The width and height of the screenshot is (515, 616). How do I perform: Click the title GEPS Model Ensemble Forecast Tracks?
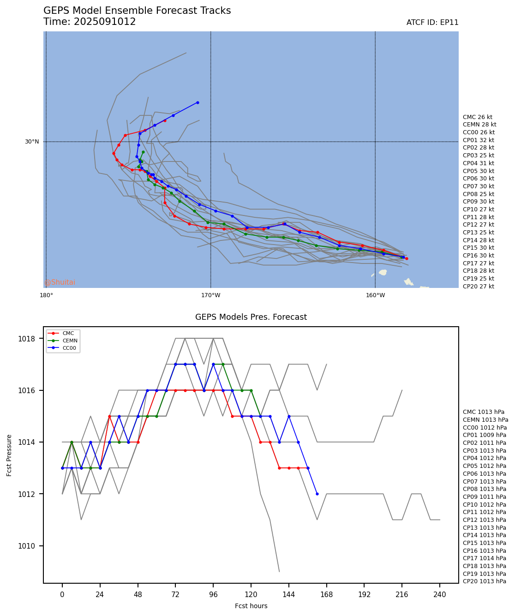137,11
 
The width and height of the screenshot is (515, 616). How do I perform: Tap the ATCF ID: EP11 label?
432,23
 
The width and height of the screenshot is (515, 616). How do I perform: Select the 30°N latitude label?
32,142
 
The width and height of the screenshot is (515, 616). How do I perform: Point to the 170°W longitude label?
210,295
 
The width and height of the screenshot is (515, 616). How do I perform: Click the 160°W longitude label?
375,295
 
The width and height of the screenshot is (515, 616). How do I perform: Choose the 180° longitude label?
46,295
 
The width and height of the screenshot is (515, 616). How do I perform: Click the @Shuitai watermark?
60,282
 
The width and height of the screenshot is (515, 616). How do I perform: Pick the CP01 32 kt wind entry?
478,140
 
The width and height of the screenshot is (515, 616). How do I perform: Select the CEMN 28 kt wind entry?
479,125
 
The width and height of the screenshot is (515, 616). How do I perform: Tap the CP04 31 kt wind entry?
478,163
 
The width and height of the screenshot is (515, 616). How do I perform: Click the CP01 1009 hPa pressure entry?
484,435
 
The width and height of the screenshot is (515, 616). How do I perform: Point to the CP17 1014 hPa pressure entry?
484,558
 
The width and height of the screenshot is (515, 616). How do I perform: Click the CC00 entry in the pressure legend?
70,348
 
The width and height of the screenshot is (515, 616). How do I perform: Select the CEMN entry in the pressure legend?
70,341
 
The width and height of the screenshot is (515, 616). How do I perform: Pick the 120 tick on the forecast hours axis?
251,595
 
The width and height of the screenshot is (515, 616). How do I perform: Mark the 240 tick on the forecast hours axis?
440,595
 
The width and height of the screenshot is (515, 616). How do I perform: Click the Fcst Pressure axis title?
9,455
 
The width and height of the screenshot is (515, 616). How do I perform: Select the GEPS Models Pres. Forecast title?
251,317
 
